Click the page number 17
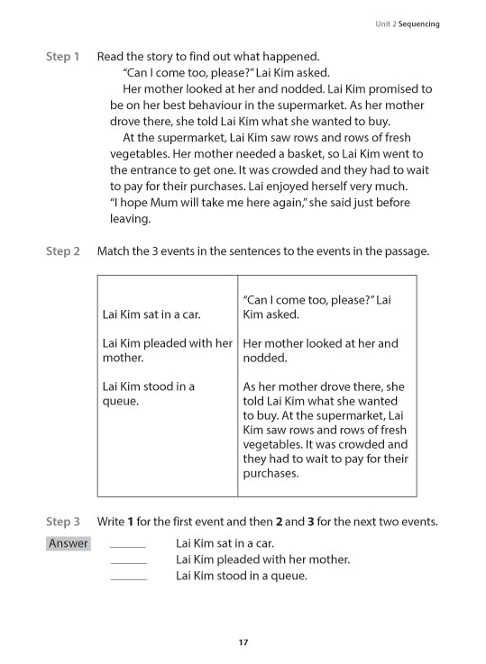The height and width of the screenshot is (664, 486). pyautogui.click(x=243, y=642)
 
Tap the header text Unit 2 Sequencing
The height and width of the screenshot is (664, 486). pyautogui.click(x=408, y=24)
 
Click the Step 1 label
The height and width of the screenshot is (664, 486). pyautogui.click(x=62, y=57)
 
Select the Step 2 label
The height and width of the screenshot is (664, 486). pyautogui.click(x=62, y=251)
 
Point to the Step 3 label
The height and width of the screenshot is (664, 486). pyautogui.click(x=62, y=522)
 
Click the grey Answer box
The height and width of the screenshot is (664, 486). pyautogui.click(x=69, y=543)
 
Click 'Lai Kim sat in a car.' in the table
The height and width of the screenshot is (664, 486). pyautogui.click(x=152, y=314)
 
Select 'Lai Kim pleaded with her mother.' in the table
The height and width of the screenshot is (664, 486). pyautogui.click(x=168, y=350)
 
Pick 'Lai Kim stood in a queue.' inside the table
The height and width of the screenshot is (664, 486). pyautogui.click(x=149, y=394)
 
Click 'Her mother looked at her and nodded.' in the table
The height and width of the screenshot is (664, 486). pyautogui.click(x=320, y=350)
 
